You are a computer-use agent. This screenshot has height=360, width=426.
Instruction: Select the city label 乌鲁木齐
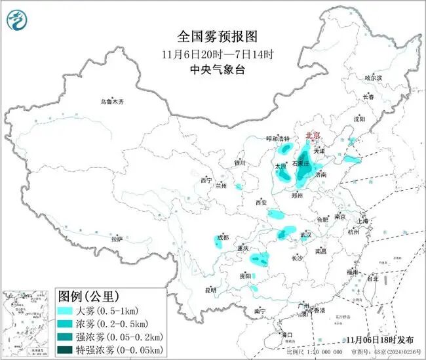pyautogui.click(x=112, y=102)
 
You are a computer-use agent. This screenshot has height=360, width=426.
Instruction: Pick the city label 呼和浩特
pyautogui.click(x=277, y=138)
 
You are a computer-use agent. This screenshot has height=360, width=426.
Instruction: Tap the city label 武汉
pyautogui.click(x=305, y=234)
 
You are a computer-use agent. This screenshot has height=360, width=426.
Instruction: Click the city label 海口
pyautogui.click(x=286, y=335)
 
